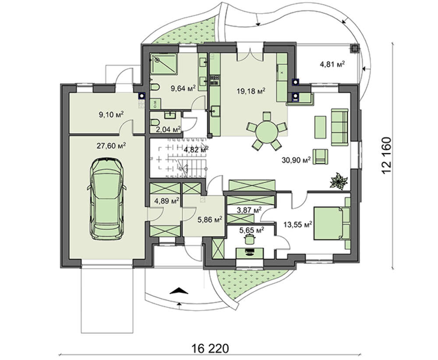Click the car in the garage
click(x=107, y=198)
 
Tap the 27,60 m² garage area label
click(x=111, y=146)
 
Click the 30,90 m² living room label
click(x=297, y=160)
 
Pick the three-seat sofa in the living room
click(x=340, y=127)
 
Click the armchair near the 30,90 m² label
click(x=321, y=156)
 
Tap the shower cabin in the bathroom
click(x=164, y=64)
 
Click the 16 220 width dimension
click(x=211, y=349)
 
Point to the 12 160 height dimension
click(x=387, y=155)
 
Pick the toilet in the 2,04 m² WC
click(x=155, y=122)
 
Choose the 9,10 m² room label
click(x=111, y=114)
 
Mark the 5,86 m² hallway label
click(x=210, y=219)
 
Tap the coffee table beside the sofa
click(x=321, y=127)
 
